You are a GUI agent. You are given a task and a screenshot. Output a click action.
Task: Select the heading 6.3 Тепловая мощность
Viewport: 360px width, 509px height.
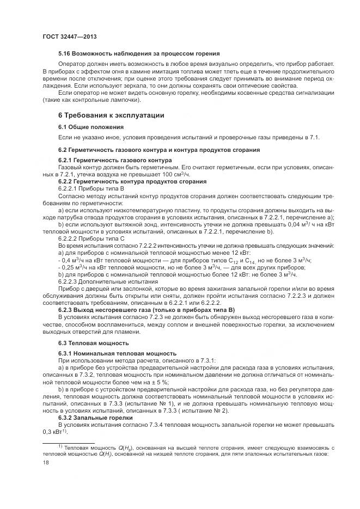tap(93, 343)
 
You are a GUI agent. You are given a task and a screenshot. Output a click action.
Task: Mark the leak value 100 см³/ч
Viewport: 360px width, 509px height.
tap(176, 174)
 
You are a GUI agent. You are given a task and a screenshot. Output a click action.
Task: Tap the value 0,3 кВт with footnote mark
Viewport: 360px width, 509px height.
tap(54, 432)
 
